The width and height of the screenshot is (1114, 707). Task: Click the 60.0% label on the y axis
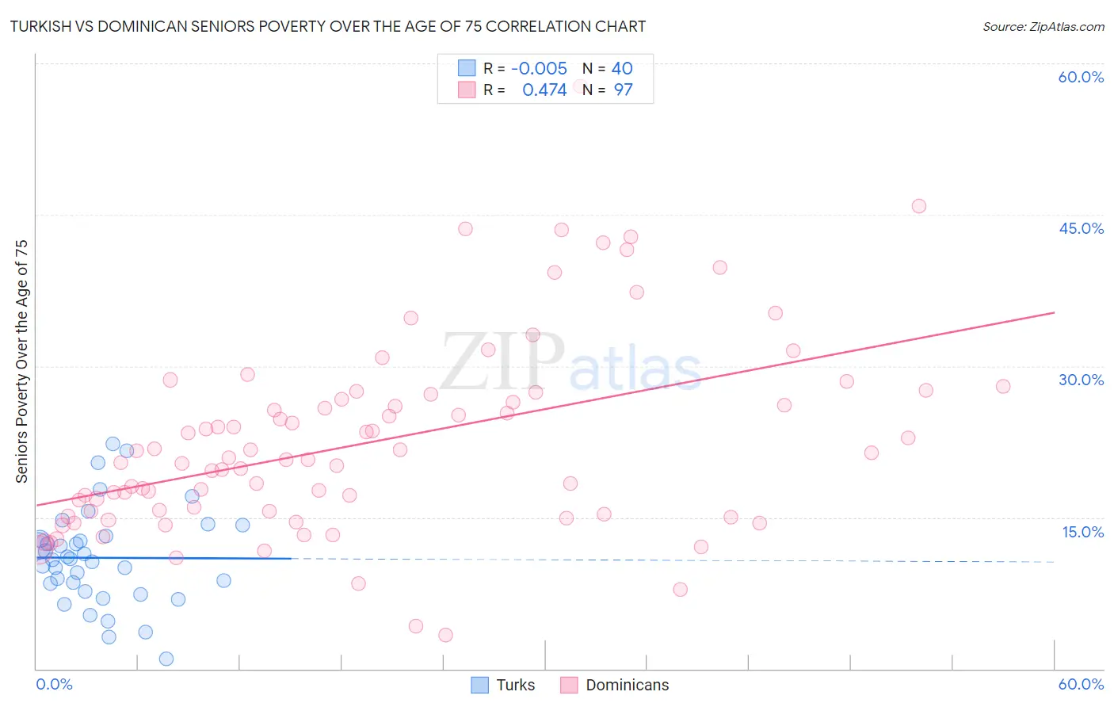click(x=1081, y=77)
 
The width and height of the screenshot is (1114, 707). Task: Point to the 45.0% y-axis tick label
click(x=1081, y=228)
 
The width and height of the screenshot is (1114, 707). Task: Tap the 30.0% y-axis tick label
click(x=1081, y=380)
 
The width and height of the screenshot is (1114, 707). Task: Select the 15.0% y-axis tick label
click(x=1082, y=532)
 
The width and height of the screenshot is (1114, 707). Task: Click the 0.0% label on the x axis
click(x=54, y=684)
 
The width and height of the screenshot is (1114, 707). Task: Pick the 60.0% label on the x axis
click(x=1081, y=684)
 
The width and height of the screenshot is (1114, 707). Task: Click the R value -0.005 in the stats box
click(x=539, y=69)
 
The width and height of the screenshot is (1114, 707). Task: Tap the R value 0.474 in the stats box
click(x=544, y=90)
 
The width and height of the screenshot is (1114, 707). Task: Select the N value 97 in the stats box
click(x=623, y=90)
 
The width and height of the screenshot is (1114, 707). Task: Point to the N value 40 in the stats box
click(x=622, y=69)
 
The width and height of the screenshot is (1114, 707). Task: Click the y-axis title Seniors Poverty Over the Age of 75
click(x=21, y=361)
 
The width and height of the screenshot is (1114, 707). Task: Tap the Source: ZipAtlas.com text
click(x=1043, y=26)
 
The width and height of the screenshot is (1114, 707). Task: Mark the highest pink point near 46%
click(x=918, y=206)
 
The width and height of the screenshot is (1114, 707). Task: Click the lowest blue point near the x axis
click(x=166, y=659)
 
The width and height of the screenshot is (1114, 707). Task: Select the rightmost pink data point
click(x=1003, y=387)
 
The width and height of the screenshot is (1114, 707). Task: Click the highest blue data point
click(x=113, y=444)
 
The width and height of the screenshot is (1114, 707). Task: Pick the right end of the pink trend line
click(x=1054, y=312)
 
